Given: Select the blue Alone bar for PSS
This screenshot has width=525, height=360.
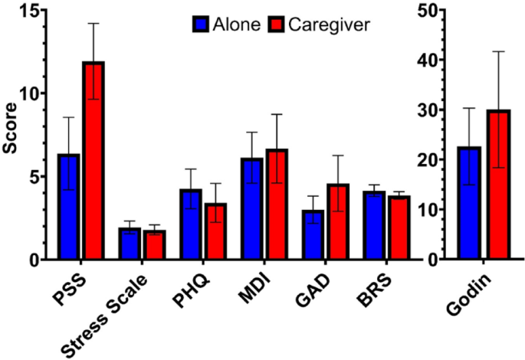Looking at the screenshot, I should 68,207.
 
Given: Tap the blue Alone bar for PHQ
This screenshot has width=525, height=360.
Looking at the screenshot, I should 191,224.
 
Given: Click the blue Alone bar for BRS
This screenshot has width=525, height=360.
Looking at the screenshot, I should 374,226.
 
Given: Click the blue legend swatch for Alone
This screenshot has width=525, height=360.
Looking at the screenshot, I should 202,25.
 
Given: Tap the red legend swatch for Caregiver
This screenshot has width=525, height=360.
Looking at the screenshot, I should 277,25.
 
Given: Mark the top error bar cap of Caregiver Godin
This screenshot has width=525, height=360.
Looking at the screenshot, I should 499,51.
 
